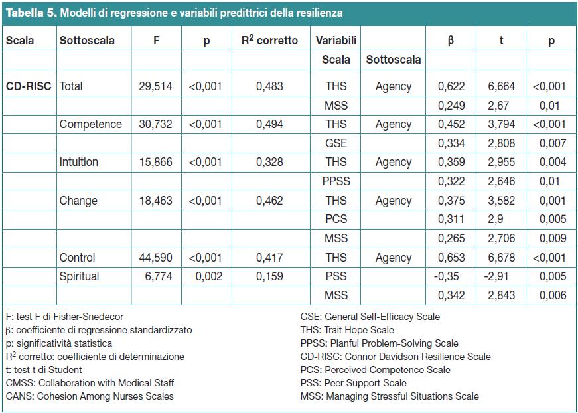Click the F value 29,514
(155, 86)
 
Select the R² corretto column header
(269, 41)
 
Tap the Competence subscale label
(91, 124)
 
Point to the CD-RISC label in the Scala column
(29, 86)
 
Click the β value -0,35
(447, 276)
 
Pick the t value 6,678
(501, 258)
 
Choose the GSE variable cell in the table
(336, 143)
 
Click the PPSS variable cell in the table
(336, 181)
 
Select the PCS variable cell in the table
(336, 219)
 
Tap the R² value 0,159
(269, 276)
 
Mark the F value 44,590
(155, 258)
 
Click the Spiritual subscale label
(79, 277)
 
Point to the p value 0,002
(208, 276)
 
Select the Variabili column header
(336, 41)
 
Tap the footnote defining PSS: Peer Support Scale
(354, 383)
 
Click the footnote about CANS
(90, 396)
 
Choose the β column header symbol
(451, 41)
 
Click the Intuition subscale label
(78, 162)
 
